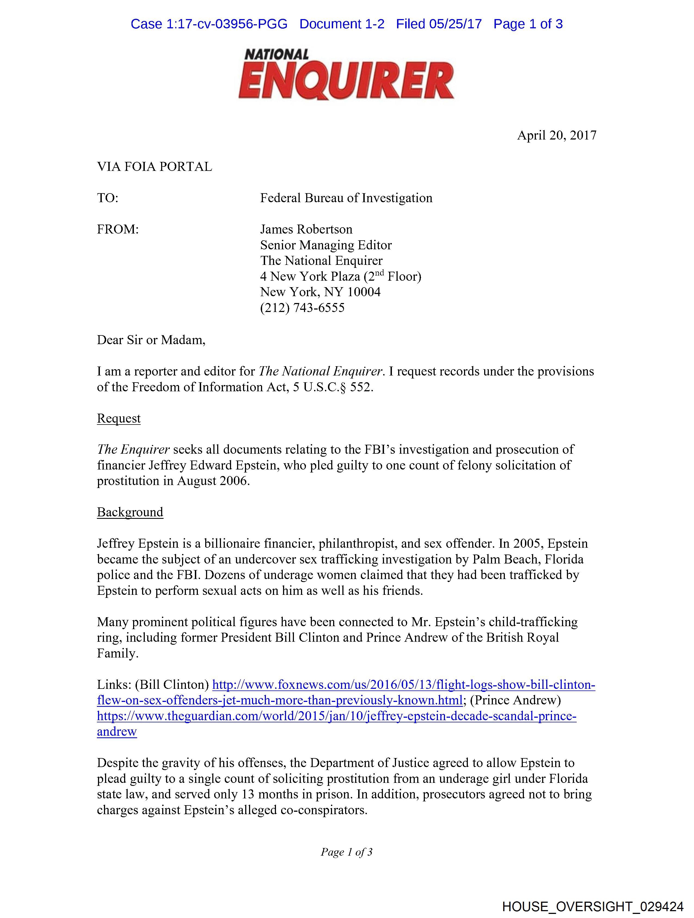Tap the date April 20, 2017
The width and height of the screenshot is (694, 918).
coord(556,135)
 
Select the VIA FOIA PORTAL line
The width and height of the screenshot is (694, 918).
coord(154,167)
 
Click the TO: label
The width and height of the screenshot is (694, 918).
coord(108,198)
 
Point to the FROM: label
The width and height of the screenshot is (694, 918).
coord(118,229)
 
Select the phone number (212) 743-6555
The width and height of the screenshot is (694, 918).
coord(302,308)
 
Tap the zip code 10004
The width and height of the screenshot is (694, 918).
coord(364,292)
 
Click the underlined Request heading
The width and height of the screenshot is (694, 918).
coord(119,418)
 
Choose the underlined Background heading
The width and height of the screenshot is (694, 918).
coord(130,512)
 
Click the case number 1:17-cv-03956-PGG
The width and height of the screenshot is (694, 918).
coord(227,24)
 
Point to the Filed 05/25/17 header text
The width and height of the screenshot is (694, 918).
coord(439,24)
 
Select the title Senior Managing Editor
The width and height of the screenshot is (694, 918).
coord(326,245)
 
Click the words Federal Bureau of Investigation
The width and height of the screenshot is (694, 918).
coord(346,198)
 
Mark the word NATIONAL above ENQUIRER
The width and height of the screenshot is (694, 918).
coord(277,54)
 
